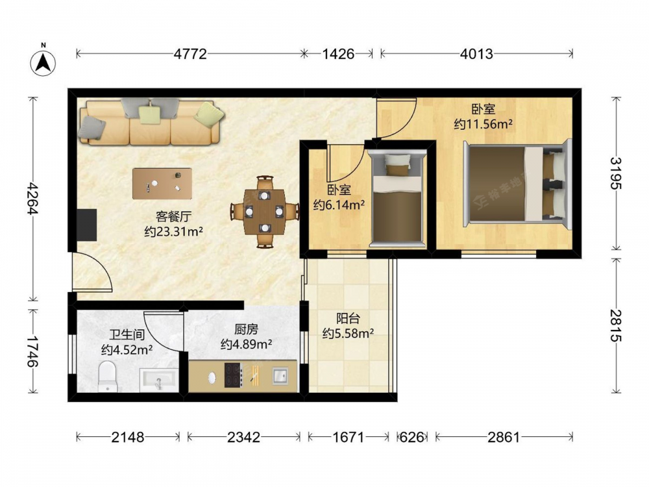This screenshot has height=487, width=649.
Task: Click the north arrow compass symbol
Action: point(43,62)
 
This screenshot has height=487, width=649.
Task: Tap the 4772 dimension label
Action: point(190,54)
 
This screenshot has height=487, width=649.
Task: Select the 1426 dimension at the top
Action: point(338,54)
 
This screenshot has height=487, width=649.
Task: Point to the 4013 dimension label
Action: point(476,54)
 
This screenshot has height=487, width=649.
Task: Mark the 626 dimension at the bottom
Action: point(412,437)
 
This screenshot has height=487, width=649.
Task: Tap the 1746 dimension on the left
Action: point(32,351)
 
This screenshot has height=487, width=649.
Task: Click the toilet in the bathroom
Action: point(108,376)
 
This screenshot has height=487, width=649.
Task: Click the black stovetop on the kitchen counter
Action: point(232,375)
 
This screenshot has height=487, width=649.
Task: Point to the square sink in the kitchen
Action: point(280,376)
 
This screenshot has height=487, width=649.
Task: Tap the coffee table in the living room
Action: point(162,184)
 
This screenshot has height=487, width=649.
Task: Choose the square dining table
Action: point(265,212)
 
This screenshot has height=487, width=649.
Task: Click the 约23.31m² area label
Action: point(173,232)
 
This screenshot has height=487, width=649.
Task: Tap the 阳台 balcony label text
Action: point(348,318)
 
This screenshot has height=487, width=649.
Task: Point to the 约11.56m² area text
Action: point(483,124)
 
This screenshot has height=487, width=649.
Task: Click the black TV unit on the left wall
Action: point(87,225)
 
